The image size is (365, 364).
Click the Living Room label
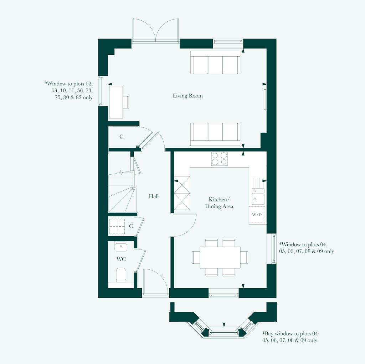pos(187,96)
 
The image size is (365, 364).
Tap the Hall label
pos(154,196)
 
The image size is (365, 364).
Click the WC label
pos(121,259)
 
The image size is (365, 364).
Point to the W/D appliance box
pos(257,215)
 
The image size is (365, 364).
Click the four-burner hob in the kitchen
pos(219,158)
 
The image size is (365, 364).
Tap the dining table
pos(220,257)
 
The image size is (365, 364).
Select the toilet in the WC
pos(121,275)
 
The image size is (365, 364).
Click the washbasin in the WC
pos(121,246)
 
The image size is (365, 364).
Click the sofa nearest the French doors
pos(215,63)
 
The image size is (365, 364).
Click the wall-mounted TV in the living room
pos(264,99)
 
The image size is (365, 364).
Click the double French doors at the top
pos(155,31)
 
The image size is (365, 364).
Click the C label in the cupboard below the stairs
pos(131,226)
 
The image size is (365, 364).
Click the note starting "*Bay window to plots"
pos(291,337)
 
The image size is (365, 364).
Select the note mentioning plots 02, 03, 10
pos(69,90)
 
